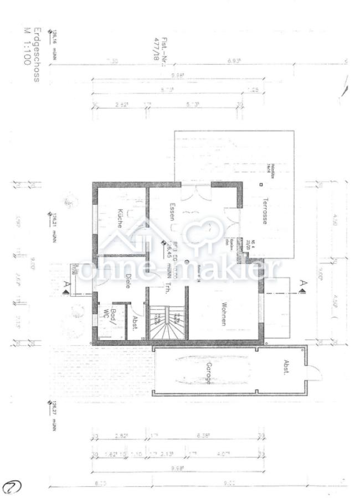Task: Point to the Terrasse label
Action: (266, 210)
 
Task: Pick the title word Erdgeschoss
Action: (37, 55)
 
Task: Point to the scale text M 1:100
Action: (26, 46)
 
